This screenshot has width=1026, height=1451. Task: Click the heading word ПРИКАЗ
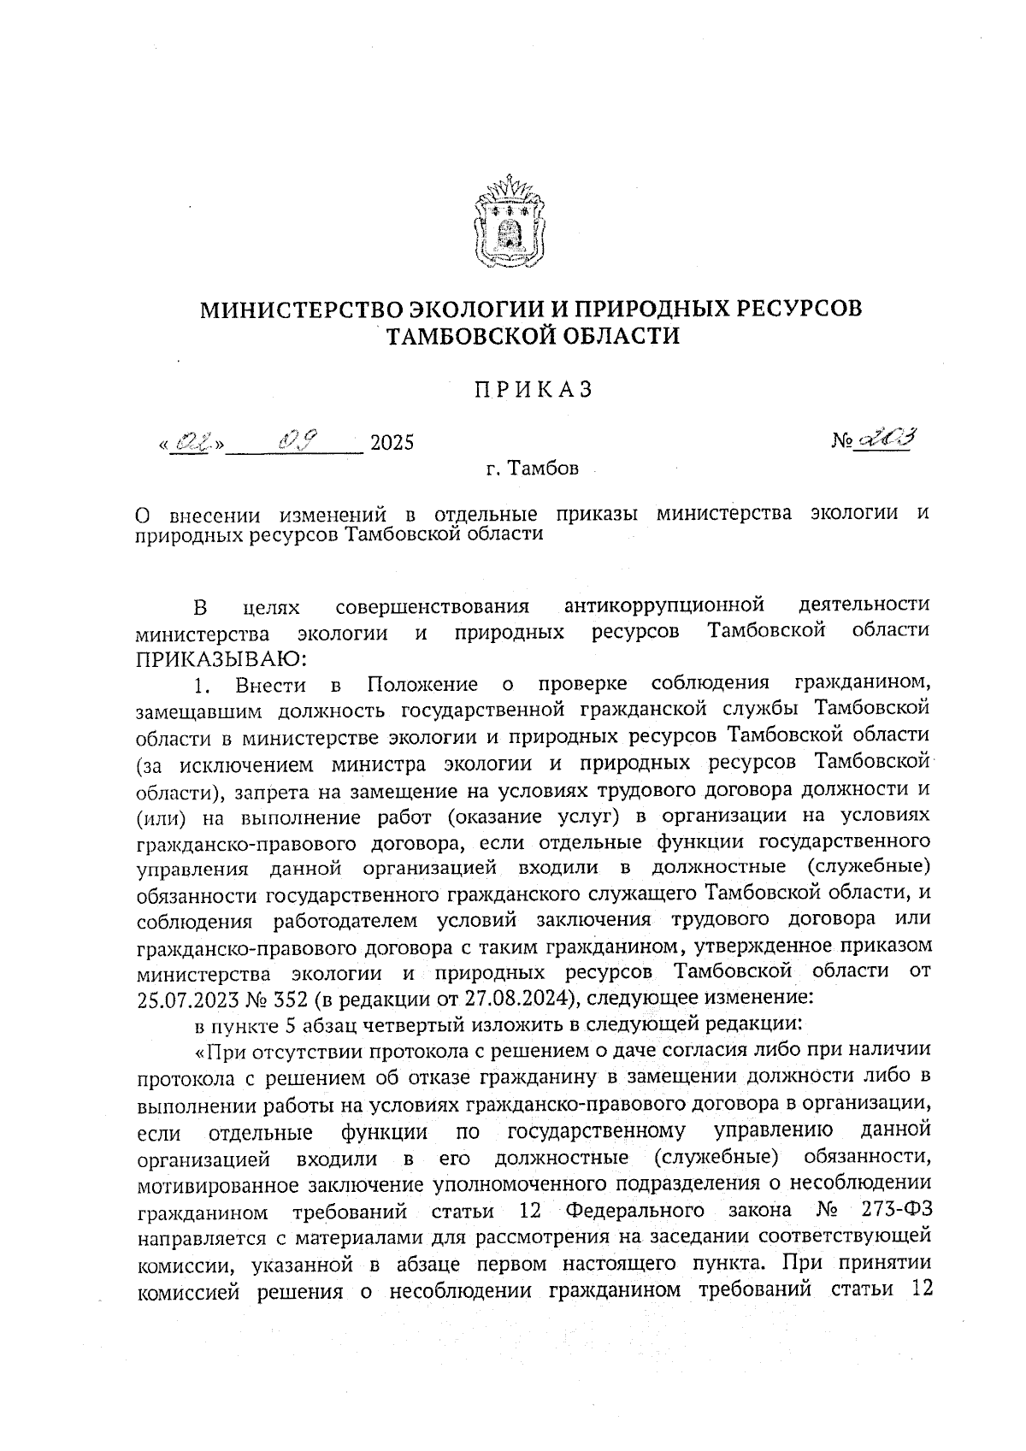point(534,390)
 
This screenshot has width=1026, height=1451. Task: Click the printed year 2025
point(391,443)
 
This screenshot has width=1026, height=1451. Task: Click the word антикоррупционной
point(663,606)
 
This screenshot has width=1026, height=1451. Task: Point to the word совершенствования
point(433,606)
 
